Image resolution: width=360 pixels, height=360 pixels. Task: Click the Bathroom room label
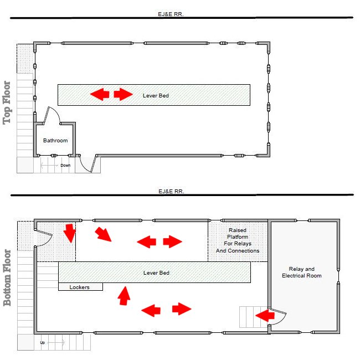point(55,141)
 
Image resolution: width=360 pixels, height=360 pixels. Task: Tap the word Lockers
point(79,287)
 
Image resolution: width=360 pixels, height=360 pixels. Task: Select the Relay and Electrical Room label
point(301,272)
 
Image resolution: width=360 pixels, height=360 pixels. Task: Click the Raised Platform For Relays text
point(238,240)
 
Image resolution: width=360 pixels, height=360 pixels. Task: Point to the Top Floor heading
point(7,103)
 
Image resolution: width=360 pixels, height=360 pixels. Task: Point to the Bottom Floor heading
point(7,278)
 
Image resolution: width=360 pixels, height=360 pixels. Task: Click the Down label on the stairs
point(65,165)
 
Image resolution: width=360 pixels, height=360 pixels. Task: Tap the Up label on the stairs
point(43,342)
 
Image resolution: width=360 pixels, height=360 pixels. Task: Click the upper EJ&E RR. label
point(171,14)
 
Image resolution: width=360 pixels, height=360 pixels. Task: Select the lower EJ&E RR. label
point(171,191)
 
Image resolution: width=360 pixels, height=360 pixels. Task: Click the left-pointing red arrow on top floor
point(100,94)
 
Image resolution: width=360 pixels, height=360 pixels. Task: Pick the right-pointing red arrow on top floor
point(124,94)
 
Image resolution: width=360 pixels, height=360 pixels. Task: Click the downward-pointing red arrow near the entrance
point(70,233)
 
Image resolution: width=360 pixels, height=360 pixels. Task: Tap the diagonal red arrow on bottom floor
point(104,234)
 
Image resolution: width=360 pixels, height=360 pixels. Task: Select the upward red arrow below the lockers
point(124,296)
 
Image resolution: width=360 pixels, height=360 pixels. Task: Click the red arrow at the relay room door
point(265,316)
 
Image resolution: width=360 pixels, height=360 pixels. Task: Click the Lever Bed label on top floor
point(156,95)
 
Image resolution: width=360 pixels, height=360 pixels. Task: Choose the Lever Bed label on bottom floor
point(156,272)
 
